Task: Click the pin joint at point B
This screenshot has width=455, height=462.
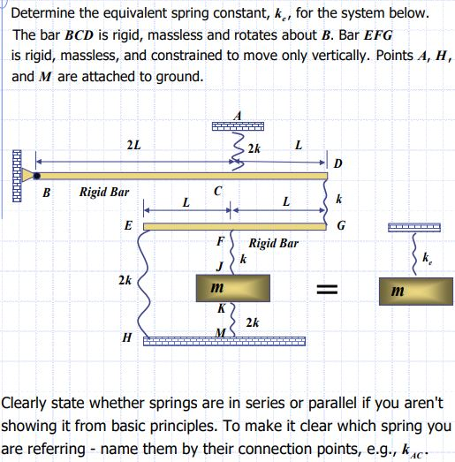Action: pos(36,175)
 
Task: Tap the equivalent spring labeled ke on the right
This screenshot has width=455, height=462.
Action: pos(413,255)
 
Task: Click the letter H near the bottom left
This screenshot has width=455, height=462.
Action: pos(127,337)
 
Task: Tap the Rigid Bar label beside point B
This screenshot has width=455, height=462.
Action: pos(104,191)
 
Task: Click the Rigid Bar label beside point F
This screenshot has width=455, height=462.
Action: pos(273,242)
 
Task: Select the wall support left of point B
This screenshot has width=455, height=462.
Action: pos(15,175)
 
